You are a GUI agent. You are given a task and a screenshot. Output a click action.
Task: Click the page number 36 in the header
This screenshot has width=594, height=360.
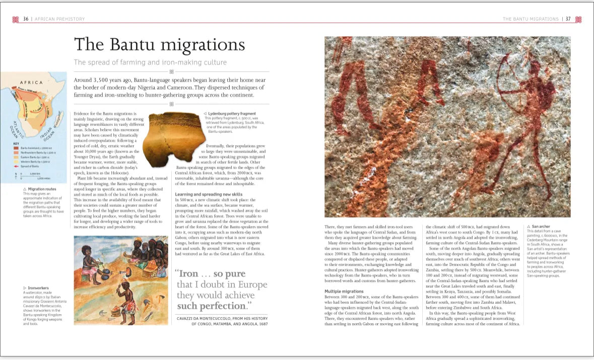(26, 19)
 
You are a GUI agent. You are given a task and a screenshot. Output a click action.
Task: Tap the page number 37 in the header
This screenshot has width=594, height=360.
(568, 19)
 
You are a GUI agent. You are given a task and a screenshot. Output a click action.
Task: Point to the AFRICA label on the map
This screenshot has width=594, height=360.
(31, 83)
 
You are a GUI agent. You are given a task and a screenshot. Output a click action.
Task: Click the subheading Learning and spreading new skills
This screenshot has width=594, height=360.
(209, 194)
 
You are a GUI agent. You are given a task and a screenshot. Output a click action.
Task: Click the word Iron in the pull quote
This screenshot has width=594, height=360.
(189, 274)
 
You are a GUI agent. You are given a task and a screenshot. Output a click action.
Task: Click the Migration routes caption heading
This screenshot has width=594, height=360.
(42, 189)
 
